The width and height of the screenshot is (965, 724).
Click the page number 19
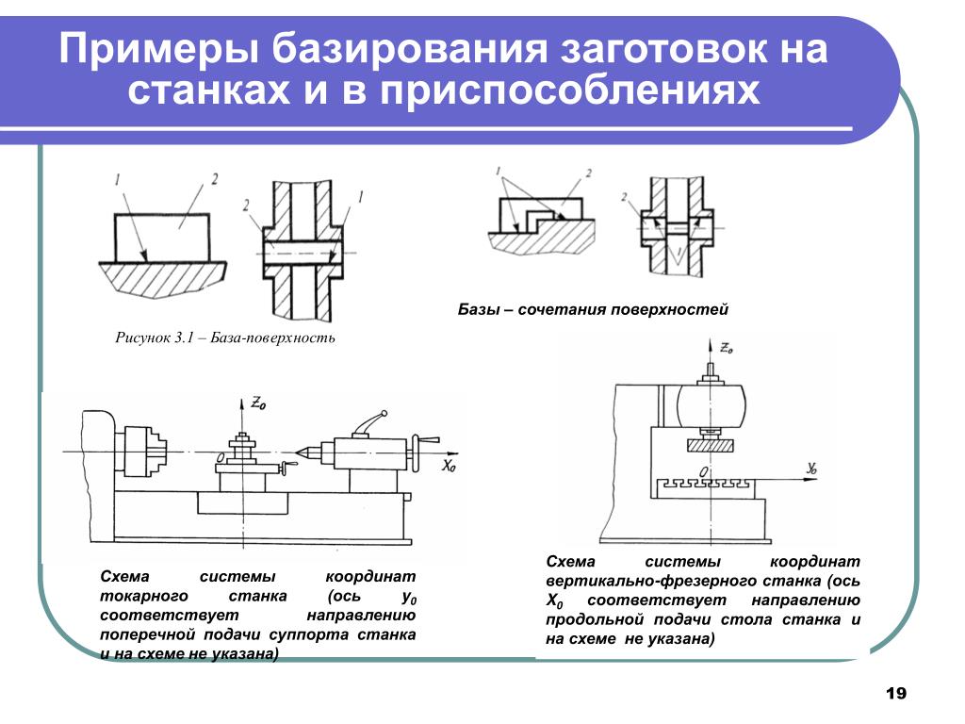pos(895,694)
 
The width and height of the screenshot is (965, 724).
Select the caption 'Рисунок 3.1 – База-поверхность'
pos(225,337)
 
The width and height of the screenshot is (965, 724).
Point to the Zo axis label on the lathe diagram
pos(258,403)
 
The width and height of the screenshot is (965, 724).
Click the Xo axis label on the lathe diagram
pos(449,466)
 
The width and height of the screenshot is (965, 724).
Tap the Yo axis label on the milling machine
pos(813,467)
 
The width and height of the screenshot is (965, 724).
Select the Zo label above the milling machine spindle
pos(726,348)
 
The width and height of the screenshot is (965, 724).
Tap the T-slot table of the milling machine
pos(706,484)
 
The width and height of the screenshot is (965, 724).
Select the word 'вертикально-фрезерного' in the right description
pos(638,582)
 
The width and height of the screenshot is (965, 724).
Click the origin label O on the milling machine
pos(704,469)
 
